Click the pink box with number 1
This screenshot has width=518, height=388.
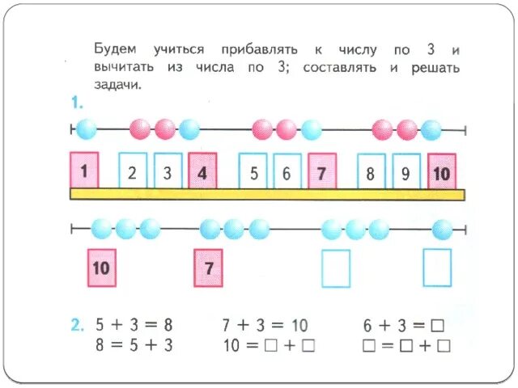[84, 170]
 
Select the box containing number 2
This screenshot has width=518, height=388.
[133, 171]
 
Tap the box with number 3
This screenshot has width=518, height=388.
[167, 171]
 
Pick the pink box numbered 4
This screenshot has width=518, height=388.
[202, 171]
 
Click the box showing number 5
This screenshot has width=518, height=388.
[253, 171]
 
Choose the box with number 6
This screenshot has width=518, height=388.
[287, 171]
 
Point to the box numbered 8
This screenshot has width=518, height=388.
[370, 171]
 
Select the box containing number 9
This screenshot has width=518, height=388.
[405, 171]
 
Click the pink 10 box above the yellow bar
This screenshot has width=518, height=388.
[441, 171]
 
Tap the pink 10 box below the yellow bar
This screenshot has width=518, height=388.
[101, 268]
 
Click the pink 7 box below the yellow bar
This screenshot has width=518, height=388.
[208, 268]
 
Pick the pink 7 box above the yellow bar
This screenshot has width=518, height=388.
[321, 171]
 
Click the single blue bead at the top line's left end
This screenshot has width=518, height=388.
[86, 129]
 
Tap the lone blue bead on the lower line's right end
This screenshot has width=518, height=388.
[442, 229]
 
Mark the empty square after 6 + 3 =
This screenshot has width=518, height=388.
[437, 326]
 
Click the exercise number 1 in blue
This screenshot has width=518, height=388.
[77, 103]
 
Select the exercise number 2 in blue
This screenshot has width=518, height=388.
[76, 326]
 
